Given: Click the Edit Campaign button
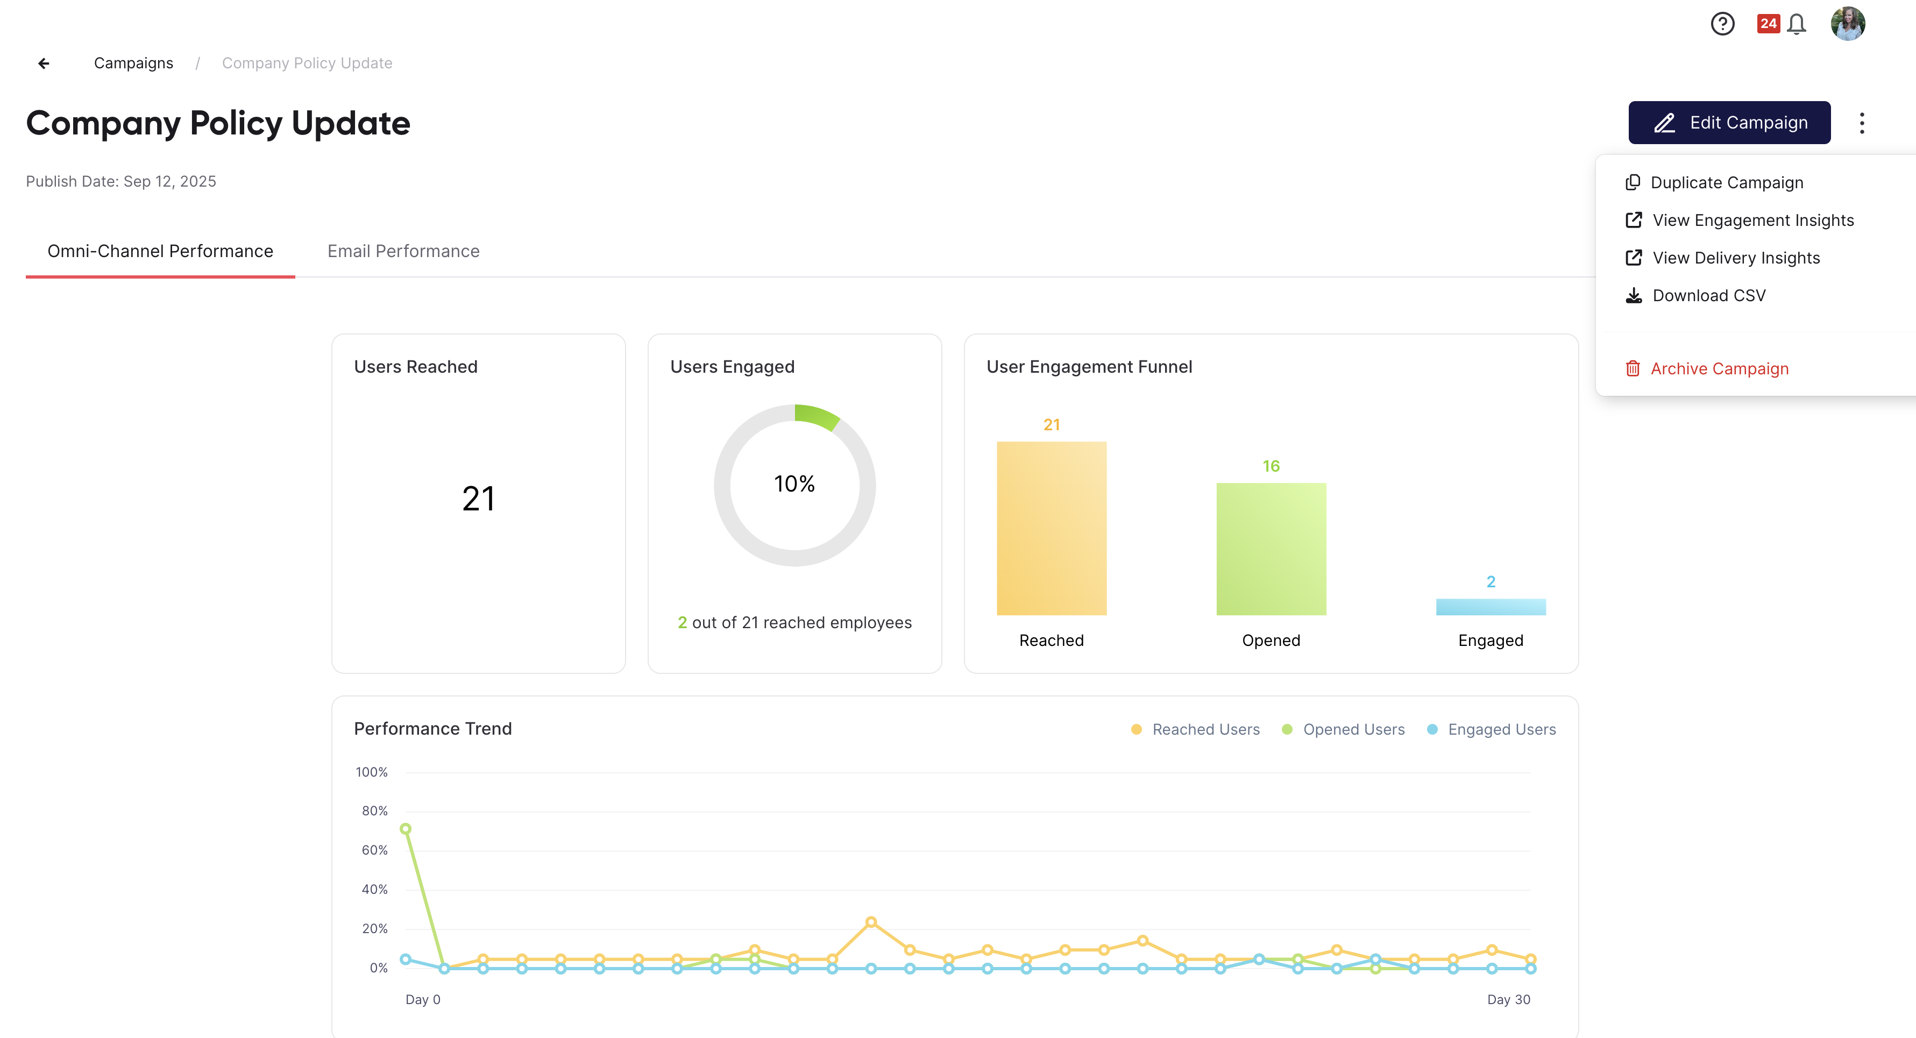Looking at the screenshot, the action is coord(1729,123).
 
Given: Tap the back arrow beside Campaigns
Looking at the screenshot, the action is coord(44,63).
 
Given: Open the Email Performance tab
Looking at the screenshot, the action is coord(403,251).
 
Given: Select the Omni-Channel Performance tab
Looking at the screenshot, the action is coord(161,251).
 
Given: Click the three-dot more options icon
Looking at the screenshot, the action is coord(1862,123).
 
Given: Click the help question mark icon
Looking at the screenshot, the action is coord(1722,24).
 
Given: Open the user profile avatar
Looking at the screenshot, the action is coord(1848,24).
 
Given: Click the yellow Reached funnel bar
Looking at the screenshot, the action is coord(1052,529).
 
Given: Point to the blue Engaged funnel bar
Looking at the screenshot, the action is coord(1491,607).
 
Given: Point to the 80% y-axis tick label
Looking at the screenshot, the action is coord(375,811).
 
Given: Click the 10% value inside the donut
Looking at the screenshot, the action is coord(794,484).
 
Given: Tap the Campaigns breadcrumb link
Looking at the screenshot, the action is coord(134,63).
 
